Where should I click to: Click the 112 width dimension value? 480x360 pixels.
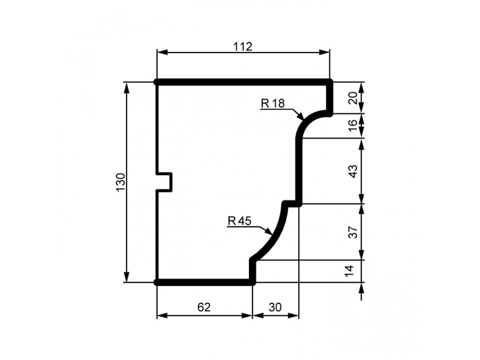click(243, 46)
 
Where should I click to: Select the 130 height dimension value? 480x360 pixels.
click(120, 182)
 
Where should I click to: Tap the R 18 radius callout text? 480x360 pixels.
click(273, 104)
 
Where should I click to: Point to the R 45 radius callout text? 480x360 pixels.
click(240, 221)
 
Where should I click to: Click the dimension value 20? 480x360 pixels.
click(353, 98)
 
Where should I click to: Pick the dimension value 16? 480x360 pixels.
click(353, 125)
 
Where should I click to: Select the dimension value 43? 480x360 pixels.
click(353, 171)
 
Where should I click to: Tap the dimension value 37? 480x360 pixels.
click(353, 232)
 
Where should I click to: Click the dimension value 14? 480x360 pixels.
click(349, 270)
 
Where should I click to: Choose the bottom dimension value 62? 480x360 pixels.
click(204, 307)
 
